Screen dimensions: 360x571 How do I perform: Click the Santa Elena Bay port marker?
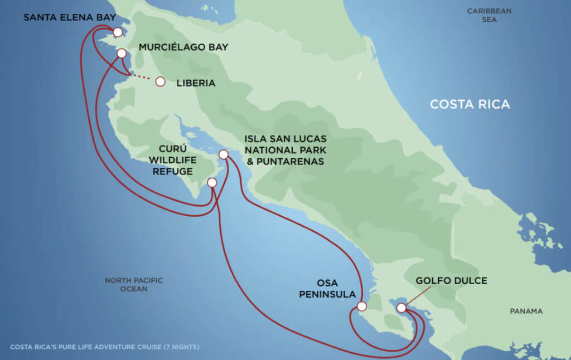pyautogui.click(x=118, y=32)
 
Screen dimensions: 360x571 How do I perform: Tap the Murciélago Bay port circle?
pyautogui.click(x=121, y=53)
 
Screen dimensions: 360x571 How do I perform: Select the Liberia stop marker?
pyautogui.click(x=161, y=82)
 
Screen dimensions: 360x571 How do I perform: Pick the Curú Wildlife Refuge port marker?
pyautogui.click(x=212, y=183)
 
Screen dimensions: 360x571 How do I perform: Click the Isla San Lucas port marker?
pyautogui.click(x=224, y=154)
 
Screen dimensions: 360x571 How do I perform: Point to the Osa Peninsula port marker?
pyautogui.click(x=362, y=306)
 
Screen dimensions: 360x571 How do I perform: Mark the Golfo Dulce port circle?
pyautogui.click(x=401, y=308)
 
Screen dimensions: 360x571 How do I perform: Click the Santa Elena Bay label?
pyautogui.click(x=69, y=18)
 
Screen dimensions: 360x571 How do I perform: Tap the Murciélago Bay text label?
pyautogui.click(x=183, y=47)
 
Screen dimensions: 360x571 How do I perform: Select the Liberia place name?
pyautogui.click(x=196, y=83)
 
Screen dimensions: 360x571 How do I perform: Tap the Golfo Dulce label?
pyautogui.click(x=451, y=280)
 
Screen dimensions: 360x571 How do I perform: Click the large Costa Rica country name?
pyautogui.click(x=470, y=104)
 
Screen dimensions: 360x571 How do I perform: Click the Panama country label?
pyautogui.click(x=526, y=311)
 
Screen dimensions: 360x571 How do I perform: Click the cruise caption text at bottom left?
pyautogui.click(x=105, y=347)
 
